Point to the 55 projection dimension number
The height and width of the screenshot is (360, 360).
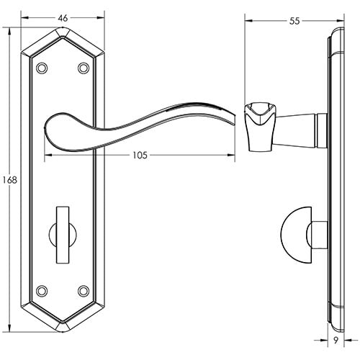(294, 22)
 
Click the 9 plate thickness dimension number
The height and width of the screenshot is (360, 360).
(336, 344)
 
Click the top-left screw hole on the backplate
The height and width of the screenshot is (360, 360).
(42, 68)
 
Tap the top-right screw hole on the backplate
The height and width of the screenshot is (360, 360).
(84, 68)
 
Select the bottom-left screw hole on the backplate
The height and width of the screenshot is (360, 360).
(42, 291)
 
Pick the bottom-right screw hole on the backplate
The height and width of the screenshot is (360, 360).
(84, 291)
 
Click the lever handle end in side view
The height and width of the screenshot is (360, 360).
(260, 125)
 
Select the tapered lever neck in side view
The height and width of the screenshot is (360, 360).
(295, 127)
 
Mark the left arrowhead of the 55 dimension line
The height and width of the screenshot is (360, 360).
(247, 22)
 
